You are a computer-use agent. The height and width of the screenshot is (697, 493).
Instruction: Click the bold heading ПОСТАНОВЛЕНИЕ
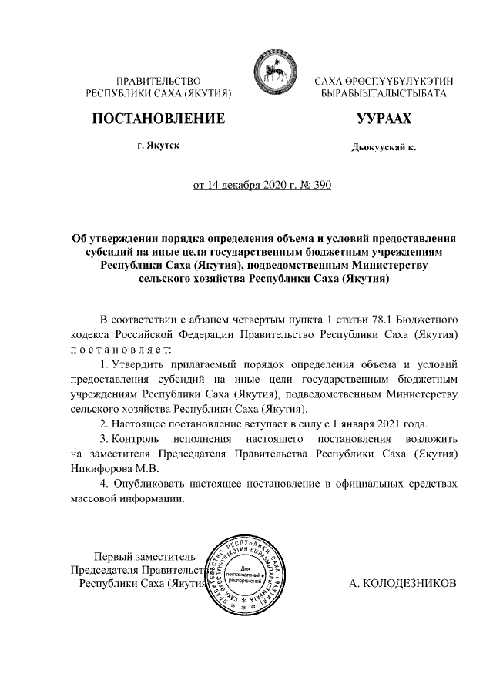pyautogui.click(x=159, y=119)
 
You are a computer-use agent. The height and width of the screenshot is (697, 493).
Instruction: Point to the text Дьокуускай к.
pyautogui.click(x=383, y=146)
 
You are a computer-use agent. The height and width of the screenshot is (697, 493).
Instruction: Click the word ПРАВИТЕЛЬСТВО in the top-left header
pyautogui.click(x=158, y=81)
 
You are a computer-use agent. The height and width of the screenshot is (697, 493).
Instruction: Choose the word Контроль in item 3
pyautogui.click(x=139, y=437)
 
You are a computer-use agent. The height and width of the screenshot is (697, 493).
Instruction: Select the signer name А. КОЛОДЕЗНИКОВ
pyautogui.click(x=403, y=583)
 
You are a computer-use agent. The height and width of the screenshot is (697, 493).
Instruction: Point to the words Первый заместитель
pyautogui.click(x=144, y=556)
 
